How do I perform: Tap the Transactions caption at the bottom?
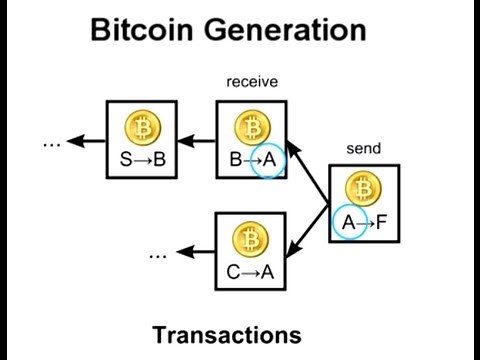pos(240,333)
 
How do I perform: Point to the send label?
pos(363,149)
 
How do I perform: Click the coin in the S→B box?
pos(141,128)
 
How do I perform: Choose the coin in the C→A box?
pos(251,238)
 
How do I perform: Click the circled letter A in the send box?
pos(348,221)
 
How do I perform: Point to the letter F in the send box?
pos(381,221)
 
